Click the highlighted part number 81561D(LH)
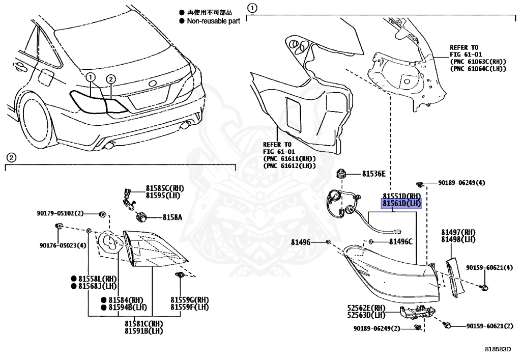coord(402,203)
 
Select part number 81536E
coord(373,174)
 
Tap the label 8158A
coord(172,217)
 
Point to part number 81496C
coord(401,242)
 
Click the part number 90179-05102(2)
coord(60,213)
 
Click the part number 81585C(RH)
coord(164,188)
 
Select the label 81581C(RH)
coord(144,324)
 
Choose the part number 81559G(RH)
coord(189,299)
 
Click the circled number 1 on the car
coord(91,77)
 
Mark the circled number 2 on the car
coord(111,78)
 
